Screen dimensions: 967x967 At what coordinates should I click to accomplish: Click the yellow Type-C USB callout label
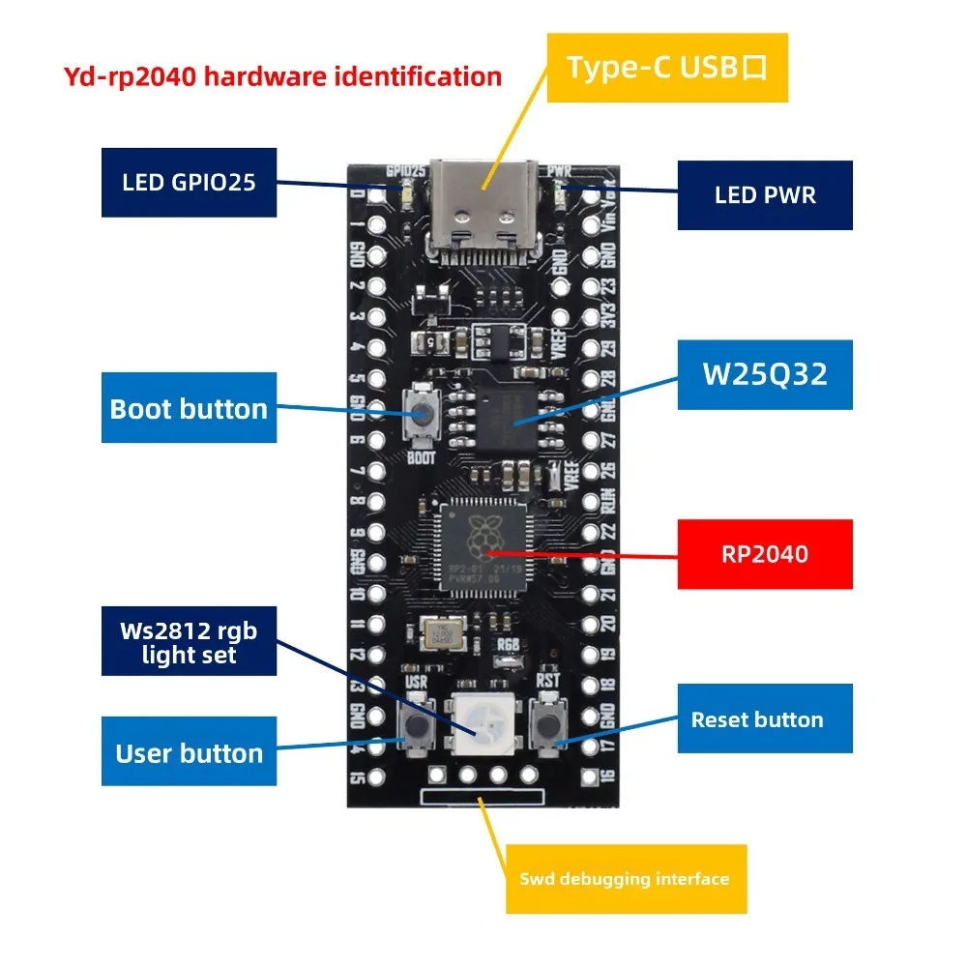(667, 68)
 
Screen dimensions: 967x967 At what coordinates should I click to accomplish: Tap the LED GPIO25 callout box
(190, 182)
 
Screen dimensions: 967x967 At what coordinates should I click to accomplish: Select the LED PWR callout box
(764, 195)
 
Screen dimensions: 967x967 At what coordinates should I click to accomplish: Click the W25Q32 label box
(764, 374)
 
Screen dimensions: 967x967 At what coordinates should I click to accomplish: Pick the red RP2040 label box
(764, 554)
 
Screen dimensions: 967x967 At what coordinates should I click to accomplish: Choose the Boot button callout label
(189, 408)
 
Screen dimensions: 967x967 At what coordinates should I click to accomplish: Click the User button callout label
(189, 753)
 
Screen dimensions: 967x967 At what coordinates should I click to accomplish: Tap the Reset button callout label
(764, 719)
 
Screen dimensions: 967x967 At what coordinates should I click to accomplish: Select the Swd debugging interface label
(626, 879)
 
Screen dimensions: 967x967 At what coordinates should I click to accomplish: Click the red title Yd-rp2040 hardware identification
(281, 76)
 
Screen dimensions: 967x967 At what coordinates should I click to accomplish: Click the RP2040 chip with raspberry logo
(481, 544)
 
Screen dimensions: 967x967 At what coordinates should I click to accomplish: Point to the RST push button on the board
(549, 724)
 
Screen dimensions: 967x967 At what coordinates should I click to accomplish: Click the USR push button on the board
(418, 725)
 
